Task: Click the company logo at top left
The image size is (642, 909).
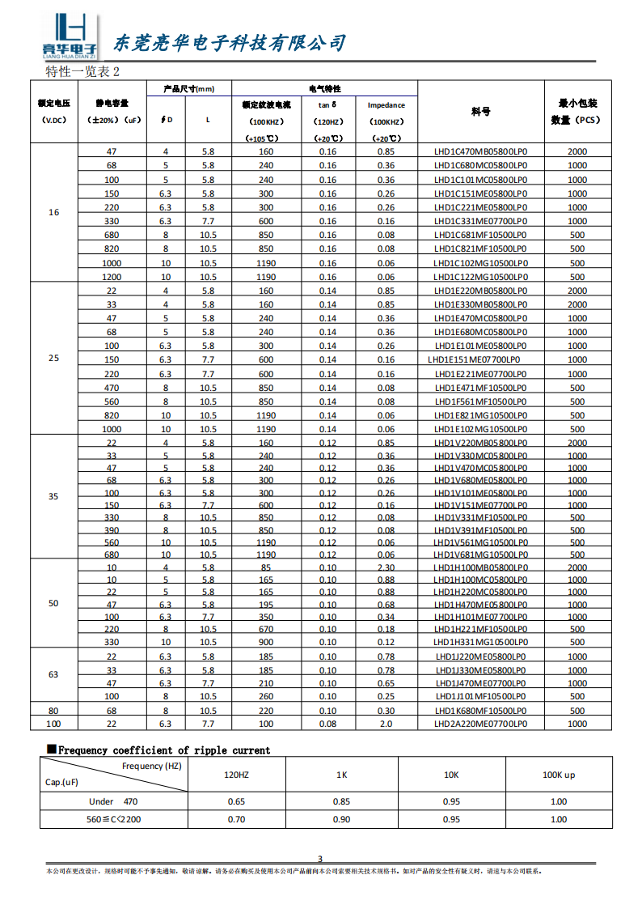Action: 69,37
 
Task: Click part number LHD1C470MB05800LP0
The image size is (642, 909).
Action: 480,151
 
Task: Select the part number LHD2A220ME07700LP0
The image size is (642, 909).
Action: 480,724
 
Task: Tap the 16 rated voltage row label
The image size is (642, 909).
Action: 54,213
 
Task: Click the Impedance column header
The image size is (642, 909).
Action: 386,105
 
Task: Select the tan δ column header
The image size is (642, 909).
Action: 327,105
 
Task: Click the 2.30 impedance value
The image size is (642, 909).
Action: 386,567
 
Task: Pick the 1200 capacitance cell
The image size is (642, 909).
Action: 112,277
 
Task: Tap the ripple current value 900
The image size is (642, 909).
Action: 265,642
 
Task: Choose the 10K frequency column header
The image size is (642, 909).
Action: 451,775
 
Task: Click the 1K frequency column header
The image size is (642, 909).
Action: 342,775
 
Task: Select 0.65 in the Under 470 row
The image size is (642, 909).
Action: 236,801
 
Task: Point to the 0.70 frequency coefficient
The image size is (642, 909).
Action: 236,819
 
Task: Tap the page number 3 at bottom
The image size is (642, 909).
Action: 319,859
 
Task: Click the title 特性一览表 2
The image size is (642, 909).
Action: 82,71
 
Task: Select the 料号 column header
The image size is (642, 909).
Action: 480,112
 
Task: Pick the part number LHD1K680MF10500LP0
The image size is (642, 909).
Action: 480,711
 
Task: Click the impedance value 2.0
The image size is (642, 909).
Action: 386,724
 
